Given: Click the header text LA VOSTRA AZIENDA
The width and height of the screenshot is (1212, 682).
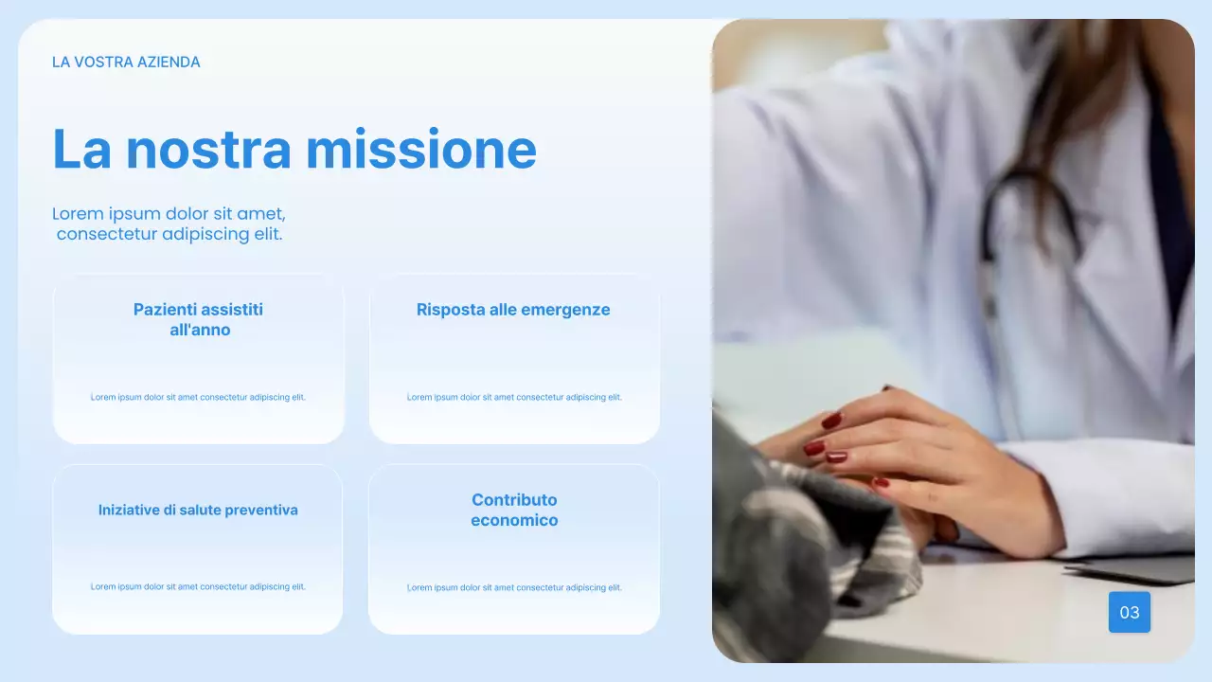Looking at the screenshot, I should coord(126,63).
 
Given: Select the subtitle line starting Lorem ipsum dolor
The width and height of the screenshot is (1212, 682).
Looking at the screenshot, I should coord(169,214).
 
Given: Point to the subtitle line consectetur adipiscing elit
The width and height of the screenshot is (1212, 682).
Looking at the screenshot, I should coord(169,234).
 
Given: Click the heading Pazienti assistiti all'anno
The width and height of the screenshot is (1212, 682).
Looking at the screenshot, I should coord(199,320).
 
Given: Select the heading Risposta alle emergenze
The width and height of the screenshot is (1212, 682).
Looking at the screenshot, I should coord(513,310).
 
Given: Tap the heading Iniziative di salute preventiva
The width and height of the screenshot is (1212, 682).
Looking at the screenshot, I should coord(198,510).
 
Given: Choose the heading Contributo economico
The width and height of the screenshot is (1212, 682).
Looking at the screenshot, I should coord(514,510).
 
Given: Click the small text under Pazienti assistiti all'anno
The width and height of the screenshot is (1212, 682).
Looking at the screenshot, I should coord(198,398).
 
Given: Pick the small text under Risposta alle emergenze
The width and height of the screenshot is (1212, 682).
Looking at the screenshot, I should coord(514,398).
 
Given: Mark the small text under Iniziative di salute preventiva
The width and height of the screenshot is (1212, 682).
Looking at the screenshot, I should coord(198,587).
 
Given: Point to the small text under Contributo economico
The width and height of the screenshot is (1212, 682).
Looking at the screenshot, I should coord(514,588).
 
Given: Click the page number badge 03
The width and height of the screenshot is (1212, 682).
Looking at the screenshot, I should coord(1129,612).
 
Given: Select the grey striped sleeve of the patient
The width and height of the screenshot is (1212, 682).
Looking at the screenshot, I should coord(824,540).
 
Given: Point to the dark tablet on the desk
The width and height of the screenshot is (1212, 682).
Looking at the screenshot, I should coord(1136,570).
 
